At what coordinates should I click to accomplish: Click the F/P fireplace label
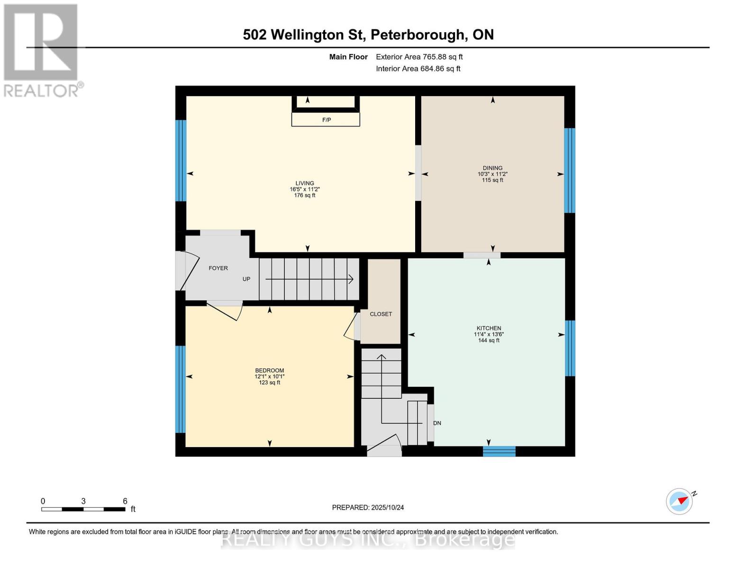[x=326, y=120]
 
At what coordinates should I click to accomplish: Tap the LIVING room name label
[x=304, y=183]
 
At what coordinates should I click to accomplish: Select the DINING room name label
[x=492, y=168]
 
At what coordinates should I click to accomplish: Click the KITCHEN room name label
[x=489, y=328]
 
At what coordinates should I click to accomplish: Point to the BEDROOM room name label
[x=269, y=370]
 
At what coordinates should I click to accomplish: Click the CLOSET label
[x=381, y=314]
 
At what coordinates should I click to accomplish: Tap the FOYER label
[x=218, y=268]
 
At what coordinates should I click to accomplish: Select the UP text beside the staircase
[x=246, y=279]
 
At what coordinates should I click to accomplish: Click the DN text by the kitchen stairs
[x=437, y=423]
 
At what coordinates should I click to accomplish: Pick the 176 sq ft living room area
[x=304, y=195]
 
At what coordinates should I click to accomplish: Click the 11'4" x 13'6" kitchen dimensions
[x=489, y=334]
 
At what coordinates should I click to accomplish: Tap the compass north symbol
[x=680, y=501]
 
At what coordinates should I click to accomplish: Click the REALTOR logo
[x=42, y=50]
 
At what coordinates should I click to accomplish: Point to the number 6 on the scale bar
[x=125, y=501]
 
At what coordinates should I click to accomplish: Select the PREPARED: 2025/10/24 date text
[x=368, y=507]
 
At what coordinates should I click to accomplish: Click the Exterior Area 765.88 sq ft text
[x=419, y=57]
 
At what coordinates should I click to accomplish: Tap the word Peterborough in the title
[x=417, y=35]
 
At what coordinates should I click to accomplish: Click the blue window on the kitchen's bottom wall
[x=499, y=451]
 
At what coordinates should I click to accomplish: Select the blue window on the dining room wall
[x=569, y=171]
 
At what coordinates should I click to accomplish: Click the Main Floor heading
[x=348, y=57]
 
